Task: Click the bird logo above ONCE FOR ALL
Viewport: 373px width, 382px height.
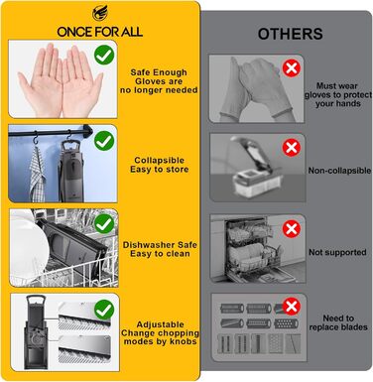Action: tap(99, 14)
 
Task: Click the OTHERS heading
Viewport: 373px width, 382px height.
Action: tap(291, 34)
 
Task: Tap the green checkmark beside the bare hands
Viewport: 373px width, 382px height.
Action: tap(104, 56)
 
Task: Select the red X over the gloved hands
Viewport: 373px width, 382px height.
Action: tap(292, 68)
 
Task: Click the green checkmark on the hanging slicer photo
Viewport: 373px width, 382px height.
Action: tap(104, 141)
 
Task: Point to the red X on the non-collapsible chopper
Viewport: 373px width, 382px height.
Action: tap(292, 148)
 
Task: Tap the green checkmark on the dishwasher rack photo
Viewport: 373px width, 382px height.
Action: tap(104, 224)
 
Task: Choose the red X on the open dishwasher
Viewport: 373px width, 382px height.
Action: tap(292, 229)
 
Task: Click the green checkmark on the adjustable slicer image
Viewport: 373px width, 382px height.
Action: tap(104, 310)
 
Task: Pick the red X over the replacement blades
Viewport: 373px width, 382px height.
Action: tap(292, 307)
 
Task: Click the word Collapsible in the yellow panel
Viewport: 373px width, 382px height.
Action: tap(159, 161)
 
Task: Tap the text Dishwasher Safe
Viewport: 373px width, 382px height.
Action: tap(160, 245)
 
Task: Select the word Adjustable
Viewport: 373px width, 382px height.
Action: tap(160, 324)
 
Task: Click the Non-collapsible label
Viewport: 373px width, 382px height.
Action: tap(339, 171)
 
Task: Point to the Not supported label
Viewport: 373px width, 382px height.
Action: tap(337, 252)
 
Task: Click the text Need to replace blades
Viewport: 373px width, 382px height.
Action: tap(338, 322)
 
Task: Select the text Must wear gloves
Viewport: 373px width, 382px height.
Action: tap(338, 90)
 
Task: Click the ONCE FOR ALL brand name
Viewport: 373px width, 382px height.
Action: tap(100, 32)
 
